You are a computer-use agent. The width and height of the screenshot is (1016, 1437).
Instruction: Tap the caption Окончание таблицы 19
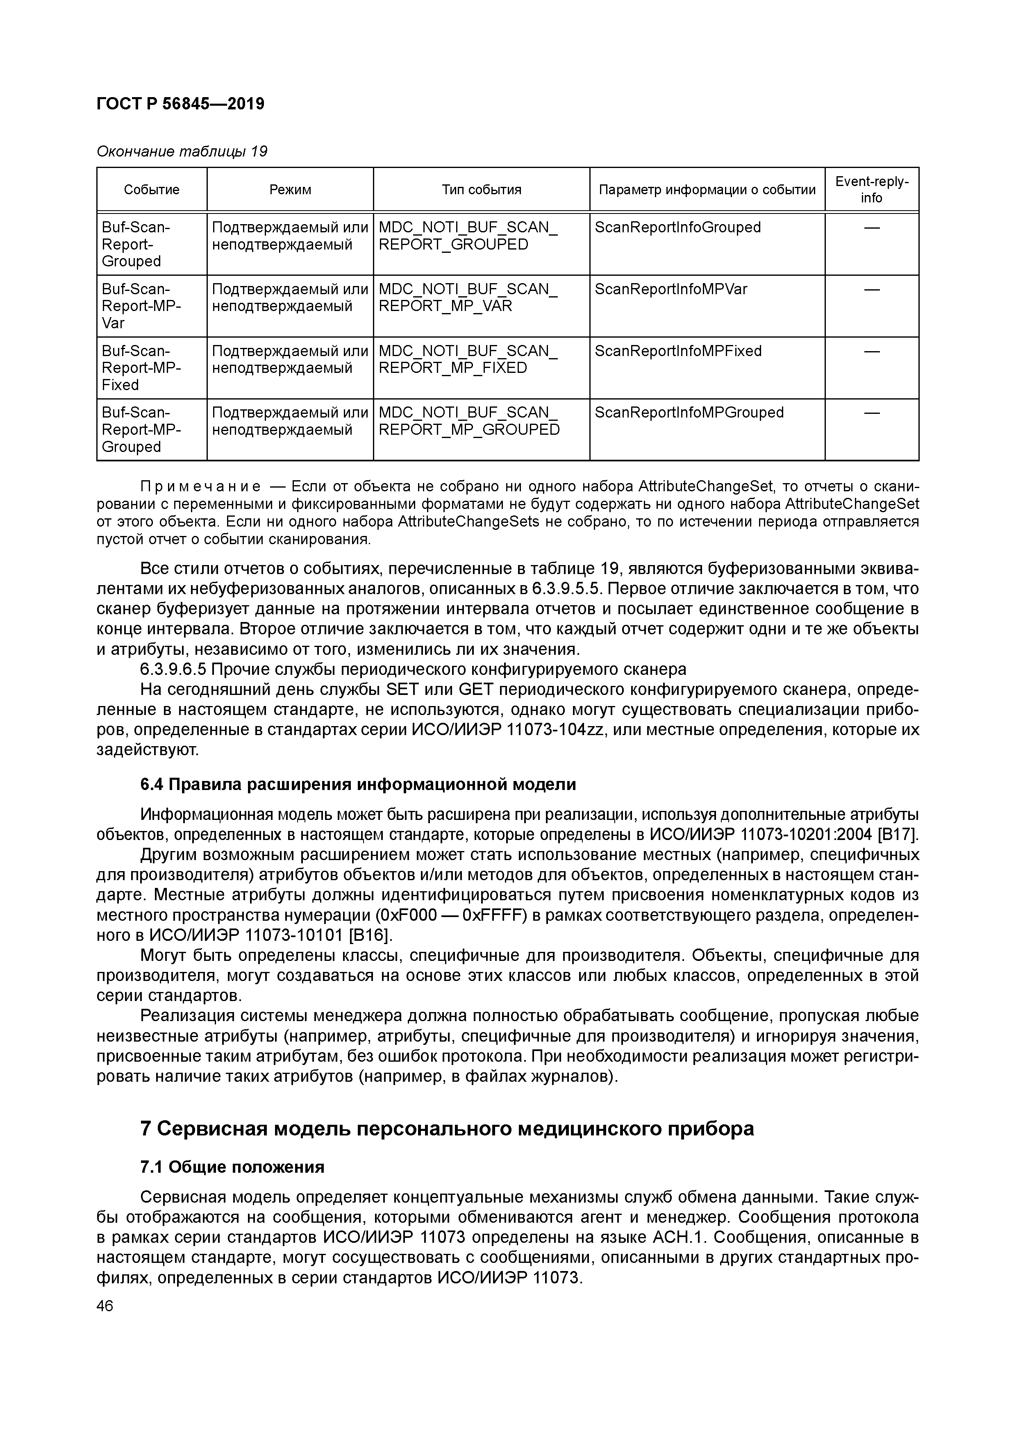pyautogui.click(x=182, y=152)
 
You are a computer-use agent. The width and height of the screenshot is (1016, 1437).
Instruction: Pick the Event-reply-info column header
pyautogui.click(x=871, y=189)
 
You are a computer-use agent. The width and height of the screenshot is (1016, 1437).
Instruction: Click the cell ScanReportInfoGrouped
pyautogui.click(x=677, y=227)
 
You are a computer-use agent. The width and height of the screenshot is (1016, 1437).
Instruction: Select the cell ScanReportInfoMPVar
pyautogui.click(x=671, y=289)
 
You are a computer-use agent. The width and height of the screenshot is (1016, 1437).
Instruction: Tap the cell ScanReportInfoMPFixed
pyautogui.click(x=678, y=351)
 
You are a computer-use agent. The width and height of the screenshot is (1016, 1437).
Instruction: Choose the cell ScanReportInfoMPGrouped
pyautogui.click(x=689, y=413)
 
